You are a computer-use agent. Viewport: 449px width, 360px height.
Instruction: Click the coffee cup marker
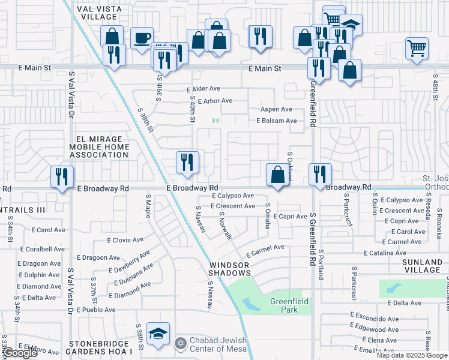click(x=142, y=39)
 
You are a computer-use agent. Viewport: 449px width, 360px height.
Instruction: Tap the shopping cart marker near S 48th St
click(x=416, y=48)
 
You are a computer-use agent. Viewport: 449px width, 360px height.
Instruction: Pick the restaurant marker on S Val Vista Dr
click(x=62, y=176)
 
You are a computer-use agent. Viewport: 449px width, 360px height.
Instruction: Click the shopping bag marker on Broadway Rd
click(x=277, y=175)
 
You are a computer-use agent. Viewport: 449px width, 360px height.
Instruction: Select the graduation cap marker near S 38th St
click(x=158, y=334)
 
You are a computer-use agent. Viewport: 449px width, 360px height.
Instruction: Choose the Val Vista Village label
click(x=100, y=13)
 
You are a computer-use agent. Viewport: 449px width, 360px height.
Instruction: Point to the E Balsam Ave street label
click(x=277, y=121)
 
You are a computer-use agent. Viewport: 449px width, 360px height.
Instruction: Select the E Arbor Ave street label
click(x=214, y=101)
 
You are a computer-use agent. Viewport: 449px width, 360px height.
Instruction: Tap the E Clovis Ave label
click(x=125, y=240)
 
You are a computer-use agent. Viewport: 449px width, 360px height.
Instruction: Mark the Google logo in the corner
click(x=20, y=353)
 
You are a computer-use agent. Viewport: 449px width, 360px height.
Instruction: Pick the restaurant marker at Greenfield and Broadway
click(x=319, y=175)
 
